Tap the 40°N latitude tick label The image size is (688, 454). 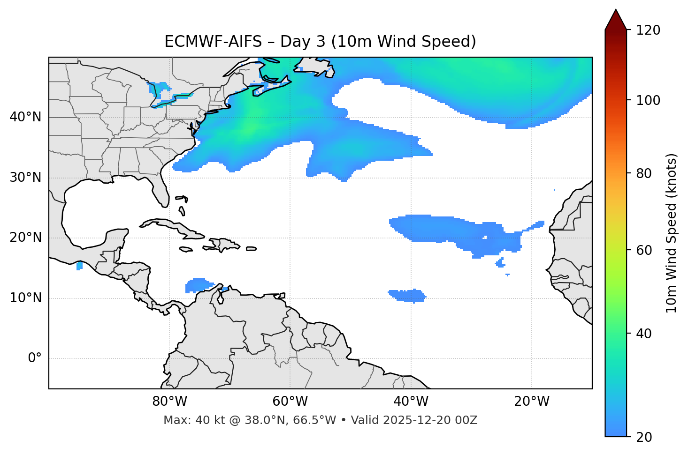click(x=25, y=117)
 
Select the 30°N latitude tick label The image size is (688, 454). click(x=25, y=178)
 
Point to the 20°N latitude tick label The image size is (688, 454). click(x=25, y=238)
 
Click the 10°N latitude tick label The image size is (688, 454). click(x=25, y=298)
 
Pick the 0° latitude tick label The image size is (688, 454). click(x=34, y=358)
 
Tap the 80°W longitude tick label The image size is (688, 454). click(x=169, y=402)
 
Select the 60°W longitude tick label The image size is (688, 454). click(x=290, y=402)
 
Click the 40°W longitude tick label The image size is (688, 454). click(x=411, y=402)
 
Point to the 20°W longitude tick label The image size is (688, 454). click(x=531, y=402)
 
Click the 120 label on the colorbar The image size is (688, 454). click(x=648, y=30)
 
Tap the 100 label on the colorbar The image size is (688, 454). click(x=648, y=100)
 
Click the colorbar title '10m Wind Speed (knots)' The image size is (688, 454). click(x=672, y=233)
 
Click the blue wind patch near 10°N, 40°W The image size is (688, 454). click(x=407, y=296)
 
